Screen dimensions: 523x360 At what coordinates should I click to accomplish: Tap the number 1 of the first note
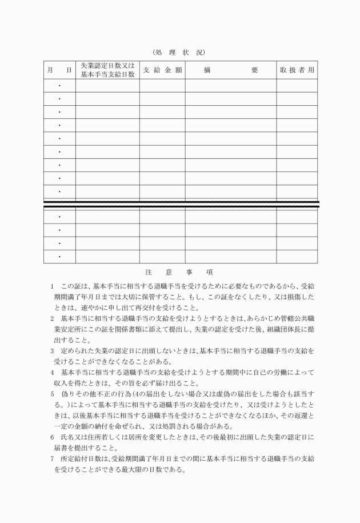coord(52,286)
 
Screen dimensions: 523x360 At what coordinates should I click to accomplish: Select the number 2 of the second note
coord(52,317)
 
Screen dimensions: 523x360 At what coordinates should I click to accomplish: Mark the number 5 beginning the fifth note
coord(52,394)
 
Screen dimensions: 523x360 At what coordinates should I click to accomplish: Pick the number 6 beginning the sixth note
coord(52,437)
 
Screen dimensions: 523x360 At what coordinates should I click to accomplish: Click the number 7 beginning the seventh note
coord(52,459)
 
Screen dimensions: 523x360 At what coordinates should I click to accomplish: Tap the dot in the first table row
coord(59,86)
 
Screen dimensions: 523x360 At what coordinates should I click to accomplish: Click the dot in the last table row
coord(59,257)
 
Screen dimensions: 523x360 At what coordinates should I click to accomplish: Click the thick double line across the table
coord(180,204)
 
